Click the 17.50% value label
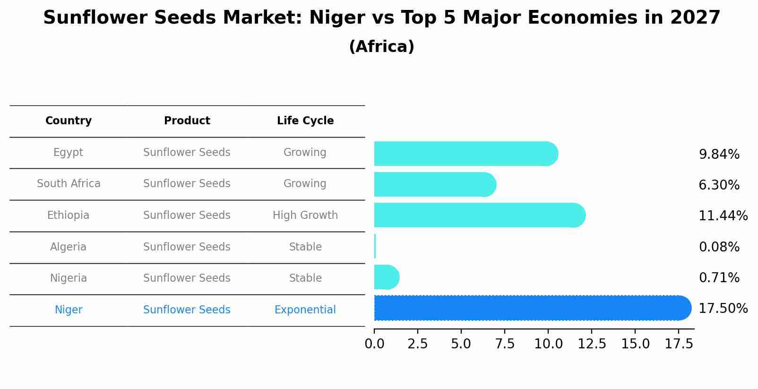coord(723,309)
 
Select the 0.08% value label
coord(719,247)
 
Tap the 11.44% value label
coord(723,216)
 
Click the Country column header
coord(69,121)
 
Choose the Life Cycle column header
coord(305,121)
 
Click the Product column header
coord(187,121)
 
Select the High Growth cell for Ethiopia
coord(305,216)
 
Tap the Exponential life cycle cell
coord(305,310)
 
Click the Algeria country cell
coord(69,247)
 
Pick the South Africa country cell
coord(69,184)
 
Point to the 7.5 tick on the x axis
coord(505,344)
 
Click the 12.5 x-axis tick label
coord(592,344)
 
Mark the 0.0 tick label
coord(374,344)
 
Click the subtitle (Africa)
coord(381,47)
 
